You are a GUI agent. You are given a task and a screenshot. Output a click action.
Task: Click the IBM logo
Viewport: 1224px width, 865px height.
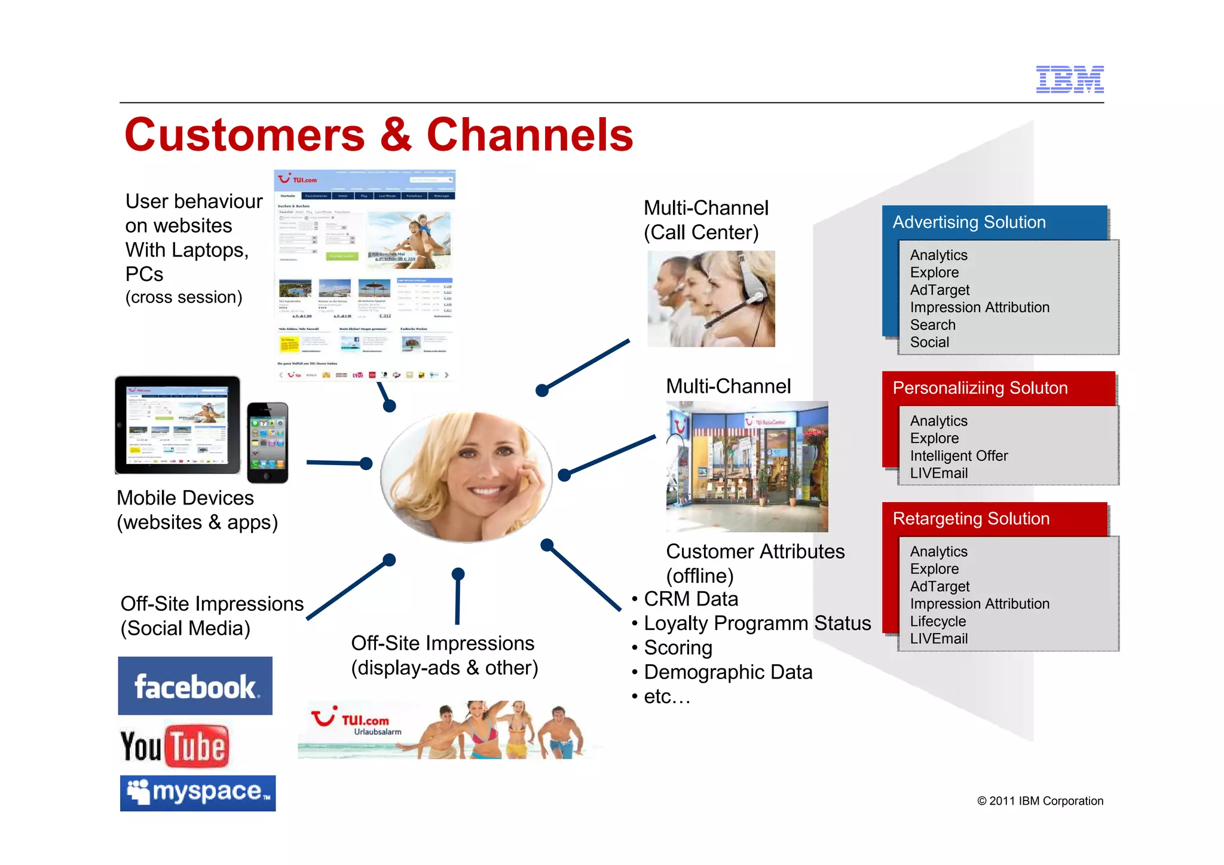[x=1069, y=80]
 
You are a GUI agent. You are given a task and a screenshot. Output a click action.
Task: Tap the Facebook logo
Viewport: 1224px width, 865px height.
[x=195, y=686]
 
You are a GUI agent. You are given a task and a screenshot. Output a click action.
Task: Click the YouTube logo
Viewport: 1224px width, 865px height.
[x=175, y=746]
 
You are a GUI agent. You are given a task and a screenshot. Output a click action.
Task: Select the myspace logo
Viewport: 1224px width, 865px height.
[x=198, y=793]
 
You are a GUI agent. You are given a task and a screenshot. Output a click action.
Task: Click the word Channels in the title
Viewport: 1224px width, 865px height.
[x=530, y=136]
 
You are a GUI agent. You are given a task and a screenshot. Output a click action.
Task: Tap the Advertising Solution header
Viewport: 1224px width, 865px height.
[x=969, y=222]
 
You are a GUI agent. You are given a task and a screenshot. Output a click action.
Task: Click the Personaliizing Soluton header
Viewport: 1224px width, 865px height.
[x=980, y=388]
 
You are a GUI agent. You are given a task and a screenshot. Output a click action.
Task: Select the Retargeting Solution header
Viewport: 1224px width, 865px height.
[x=971, y=518]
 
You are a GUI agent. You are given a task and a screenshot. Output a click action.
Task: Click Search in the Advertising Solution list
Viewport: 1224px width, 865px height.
[x=932, y=325]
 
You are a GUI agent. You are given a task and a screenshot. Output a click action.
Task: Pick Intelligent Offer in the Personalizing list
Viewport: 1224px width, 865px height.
[x=958, y=456]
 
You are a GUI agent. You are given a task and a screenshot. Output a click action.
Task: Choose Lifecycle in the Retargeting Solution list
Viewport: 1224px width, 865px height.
[x=937, y=621]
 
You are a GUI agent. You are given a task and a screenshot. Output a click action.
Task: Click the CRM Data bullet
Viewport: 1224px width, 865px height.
[x=690, y=599]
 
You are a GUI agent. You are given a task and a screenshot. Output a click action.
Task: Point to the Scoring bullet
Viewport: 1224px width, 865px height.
[x=678, y=648]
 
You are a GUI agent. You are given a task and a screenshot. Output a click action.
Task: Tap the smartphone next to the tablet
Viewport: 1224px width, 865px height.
[x=268, y=442]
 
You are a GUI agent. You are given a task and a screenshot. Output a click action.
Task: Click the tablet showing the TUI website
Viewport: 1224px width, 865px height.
[x=178, y=425]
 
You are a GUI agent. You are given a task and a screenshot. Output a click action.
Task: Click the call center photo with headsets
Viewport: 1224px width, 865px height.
[x=711, y=298]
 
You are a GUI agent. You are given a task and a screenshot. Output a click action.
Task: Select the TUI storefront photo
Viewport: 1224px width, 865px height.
[x=747, y=466]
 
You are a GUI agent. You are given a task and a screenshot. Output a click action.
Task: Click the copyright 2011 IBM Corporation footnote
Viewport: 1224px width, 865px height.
[x=1040, y=801]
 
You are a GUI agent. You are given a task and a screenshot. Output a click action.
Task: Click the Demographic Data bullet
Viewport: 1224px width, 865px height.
[x=727, y=673]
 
